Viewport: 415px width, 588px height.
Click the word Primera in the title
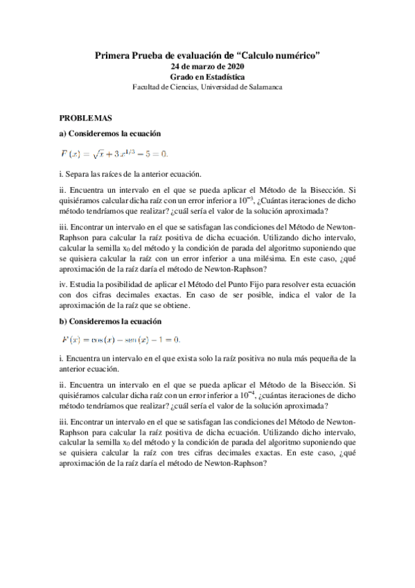coord(112,55)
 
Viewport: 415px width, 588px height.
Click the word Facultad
coord(146,87)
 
